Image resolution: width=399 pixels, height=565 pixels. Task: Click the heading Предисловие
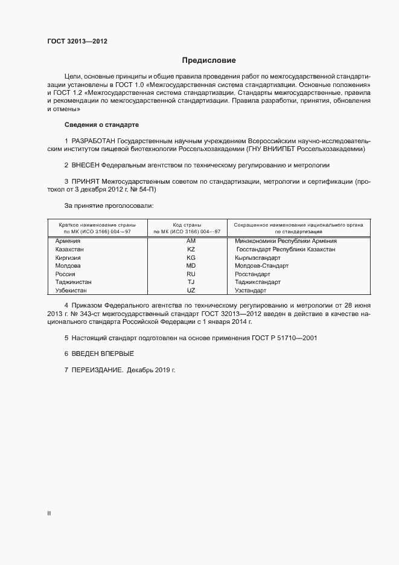[x=208, y=60]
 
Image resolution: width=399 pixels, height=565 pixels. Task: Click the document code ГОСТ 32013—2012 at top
[x=78, y=40]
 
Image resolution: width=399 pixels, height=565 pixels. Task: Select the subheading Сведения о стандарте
[x=101, y=124]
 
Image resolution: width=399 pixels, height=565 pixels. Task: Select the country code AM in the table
[x=191, y=241]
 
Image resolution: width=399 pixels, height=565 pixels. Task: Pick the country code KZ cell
[x=191, y=249]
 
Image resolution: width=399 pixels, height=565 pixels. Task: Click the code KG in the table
[x=191, y=257]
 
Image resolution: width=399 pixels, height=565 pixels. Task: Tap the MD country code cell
[x=191, y=265]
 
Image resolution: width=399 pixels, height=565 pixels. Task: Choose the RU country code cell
[x=191, y=274]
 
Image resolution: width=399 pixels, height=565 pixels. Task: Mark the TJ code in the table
[x=191, y=282]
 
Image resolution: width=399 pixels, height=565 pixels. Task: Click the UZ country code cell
[x=191, y=290]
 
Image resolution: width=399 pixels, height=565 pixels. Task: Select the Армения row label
[x=68, y=241]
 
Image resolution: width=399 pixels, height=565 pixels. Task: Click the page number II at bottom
[x=49, y=513]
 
